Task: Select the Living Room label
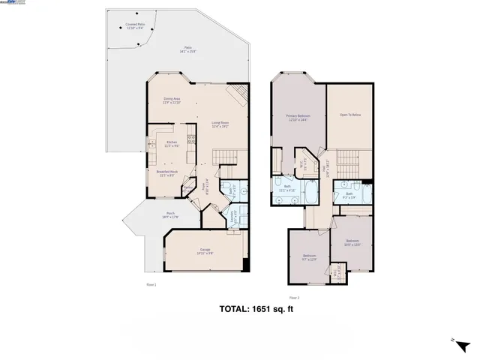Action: [220, 123]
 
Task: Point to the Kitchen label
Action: [171, 142]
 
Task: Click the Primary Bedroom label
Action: [298, 117]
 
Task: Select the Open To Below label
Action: [350, 115]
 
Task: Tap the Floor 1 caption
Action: [151, 284]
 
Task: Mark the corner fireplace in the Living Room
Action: [238, 93]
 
